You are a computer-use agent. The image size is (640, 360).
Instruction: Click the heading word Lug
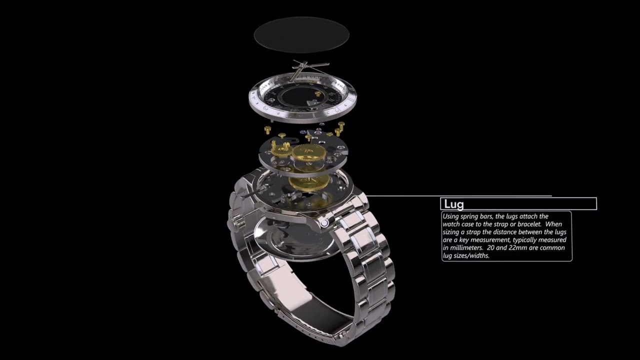click(453, 204)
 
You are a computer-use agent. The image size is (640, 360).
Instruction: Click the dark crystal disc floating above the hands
click(301, 34)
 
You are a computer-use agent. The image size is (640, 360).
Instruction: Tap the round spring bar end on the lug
click(325, 223)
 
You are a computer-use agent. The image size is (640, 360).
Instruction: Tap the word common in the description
click(552, 248)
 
